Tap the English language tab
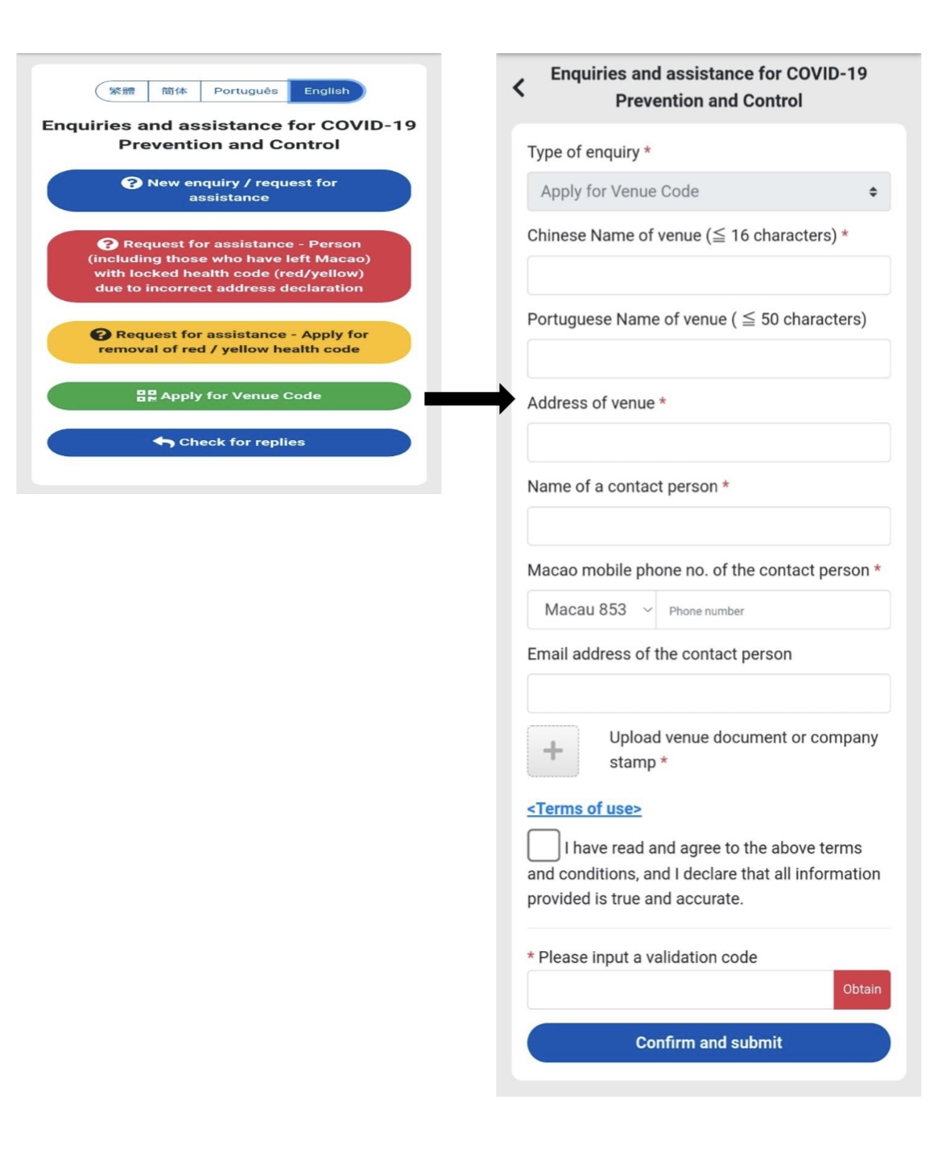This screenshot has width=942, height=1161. pos(327,91)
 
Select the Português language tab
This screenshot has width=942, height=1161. pos(246,91)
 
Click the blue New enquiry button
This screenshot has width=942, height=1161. pos(229,191)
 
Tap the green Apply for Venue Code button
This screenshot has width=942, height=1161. pos(229,396)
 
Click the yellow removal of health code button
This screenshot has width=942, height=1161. pos(229,342)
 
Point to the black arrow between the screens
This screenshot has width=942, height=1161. pos(469,398)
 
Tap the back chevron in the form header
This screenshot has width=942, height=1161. pos(519,88)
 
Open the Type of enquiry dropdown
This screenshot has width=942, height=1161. pos(709,191)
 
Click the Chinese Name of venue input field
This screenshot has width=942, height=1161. pos(709,275)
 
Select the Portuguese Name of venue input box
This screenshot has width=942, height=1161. pos(709,359)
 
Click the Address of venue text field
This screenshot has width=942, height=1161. pos(709,443)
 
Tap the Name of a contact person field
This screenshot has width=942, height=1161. pos(709,526)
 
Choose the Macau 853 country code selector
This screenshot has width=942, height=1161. pos(592,610)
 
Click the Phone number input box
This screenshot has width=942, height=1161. pos(773,610)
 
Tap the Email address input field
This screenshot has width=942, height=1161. pos(709,694)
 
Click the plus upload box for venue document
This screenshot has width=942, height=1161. pos(553,751)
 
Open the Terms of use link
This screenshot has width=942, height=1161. pos(585,809)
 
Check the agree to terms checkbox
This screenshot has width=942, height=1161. pos(543,846)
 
